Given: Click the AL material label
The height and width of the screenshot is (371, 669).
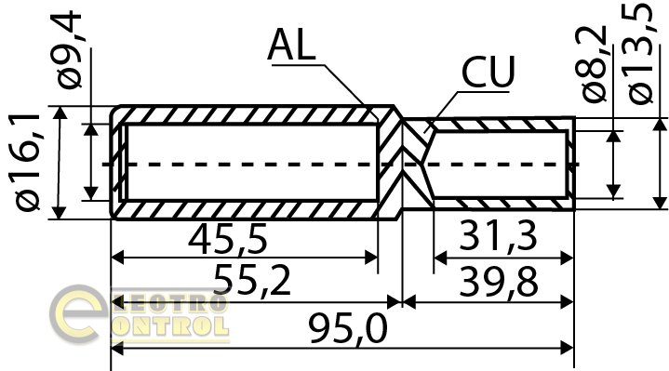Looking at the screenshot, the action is (292, 45).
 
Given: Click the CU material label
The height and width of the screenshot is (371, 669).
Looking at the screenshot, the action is (488, 73).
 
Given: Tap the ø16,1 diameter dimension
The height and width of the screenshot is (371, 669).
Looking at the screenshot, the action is (28, 163).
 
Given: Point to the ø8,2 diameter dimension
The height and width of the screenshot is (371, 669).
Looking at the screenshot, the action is (595, 64).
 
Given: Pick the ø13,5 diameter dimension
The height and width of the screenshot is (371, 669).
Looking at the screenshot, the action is (640, 52).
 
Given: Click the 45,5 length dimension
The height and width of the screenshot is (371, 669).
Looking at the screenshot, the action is (227, 240).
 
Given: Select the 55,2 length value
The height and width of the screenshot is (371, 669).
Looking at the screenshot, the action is (252, 280).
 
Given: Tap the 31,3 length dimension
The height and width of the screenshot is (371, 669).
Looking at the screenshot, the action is (498, 236).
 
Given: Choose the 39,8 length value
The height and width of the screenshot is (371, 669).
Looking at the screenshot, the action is (499, 281).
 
